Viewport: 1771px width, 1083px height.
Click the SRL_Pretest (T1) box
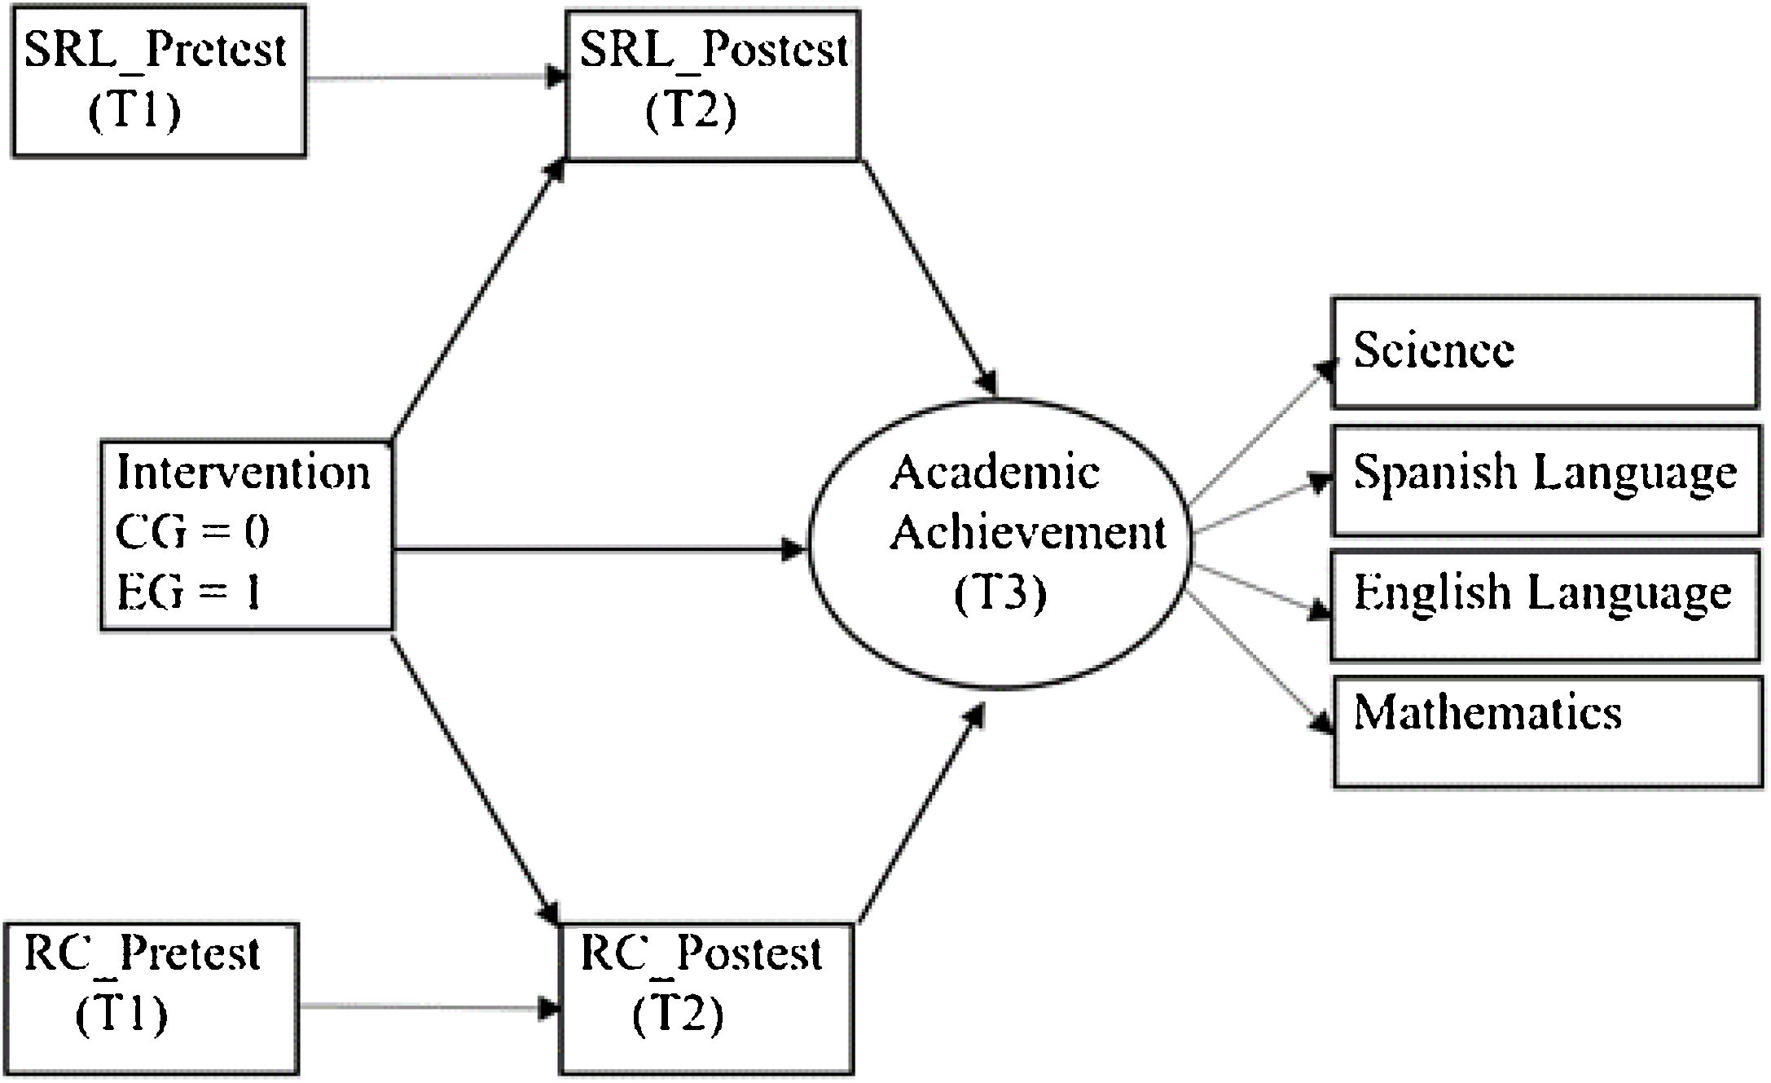click(159, 81)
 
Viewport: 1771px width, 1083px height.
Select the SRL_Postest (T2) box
click(713, 85)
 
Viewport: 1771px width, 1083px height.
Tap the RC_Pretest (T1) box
click(152, 998)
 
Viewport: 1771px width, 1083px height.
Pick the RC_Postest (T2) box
click(706, 998)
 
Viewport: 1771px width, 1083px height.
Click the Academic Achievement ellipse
click(1000, 543)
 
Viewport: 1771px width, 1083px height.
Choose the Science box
click(1544, 352)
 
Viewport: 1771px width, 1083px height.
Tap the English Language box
click(1544, 605)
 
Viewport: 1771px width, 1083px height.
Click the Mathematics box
click(1547, 732)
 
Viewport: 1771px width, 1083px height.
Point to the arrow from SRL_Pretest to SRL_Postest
click(432, 79)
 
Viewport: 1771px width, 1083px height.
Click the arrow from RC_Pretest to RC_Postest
click(424, 1007)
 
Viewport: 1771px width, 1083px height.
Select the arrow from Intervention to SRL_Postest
click(479, 297)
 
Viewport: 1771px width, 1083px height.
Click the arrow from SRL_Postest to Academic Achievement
click(929, 278)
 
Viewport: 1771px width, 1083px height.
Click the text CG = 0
click(192, 533)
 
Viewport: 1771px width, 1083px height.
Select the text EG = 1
click(189, 592)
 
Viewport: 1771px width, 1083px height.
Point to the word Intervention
click(243, 473)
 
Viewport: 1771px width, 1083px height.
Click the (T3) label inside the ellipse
click(1000, 594)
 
